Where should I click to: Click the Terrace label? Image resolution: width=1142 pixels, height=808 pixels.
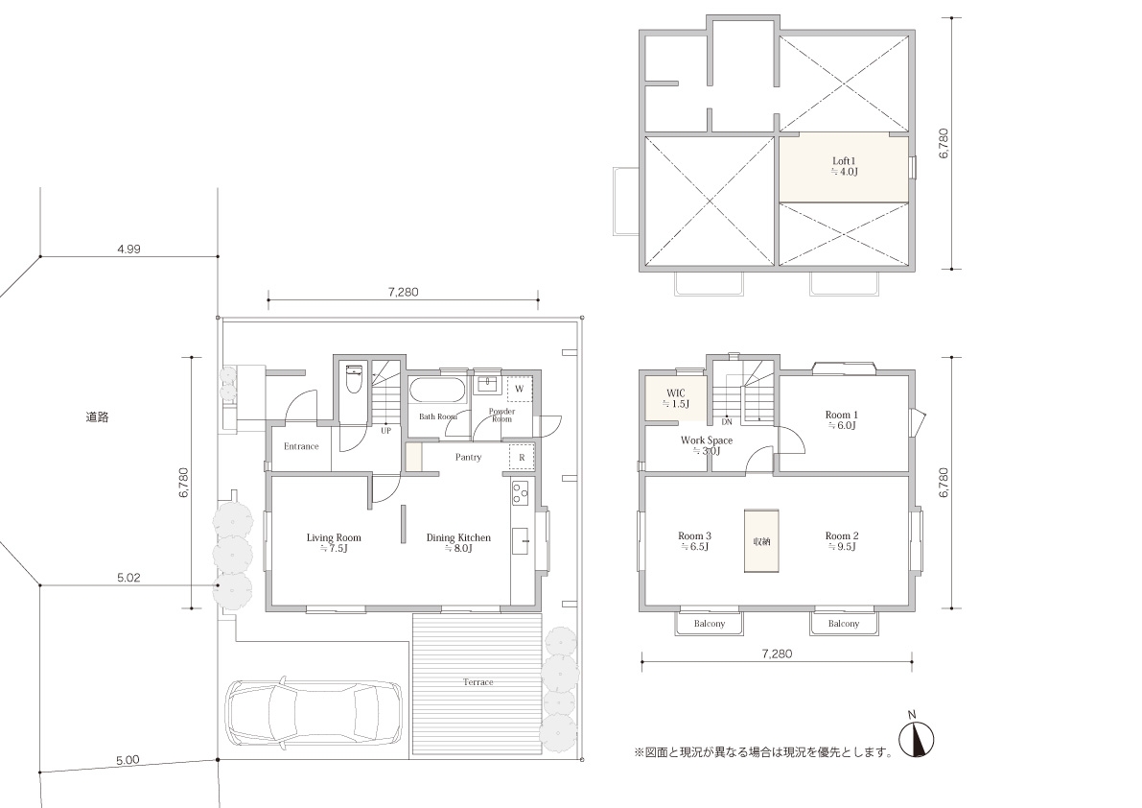tap(478, 682)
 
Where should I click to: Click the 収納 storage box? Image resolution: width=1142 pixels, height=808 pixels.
tap(761, 540)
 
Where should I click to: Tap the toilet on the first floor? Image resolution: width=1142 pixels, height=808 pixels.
tap(353, 379)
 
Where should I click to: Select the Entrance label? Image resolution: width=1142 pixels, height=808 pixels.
tap(301, 446)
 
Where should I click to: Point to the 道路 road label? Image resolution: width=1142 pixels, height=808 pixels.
tap(97, 417)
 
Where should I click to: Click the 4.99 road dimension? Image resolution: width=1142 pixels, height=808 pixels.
tap(128, 249)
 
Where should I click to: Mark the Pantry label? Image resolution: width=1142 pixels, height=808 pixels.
tap(468, 458)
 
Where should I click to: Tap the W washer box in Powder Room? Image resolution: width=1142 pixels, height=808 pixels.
tap(520, 389)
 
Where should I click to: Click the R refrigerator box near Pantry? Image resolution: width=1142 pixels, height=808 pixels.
tap(522, 457)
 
